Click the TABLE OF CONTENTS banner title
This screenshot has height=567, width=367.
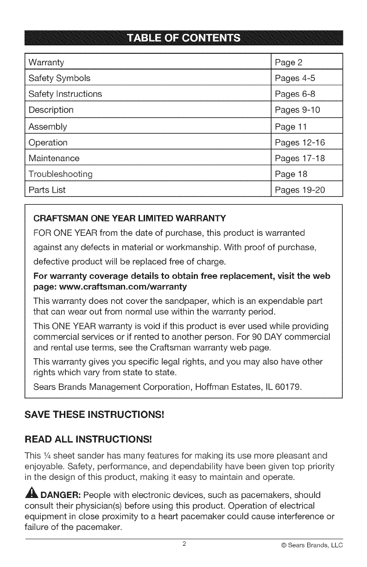click(183, 38)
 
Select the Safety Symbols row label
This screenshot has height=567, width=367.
click(59, 78)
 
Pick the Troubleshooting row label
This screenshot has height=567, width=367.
click(60, 174)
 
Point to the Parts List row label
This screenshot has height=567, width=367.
click(47, 190)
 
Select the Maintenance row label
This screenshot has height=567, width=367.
click(54, 158)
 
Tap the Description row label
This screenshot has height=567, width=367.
click(51, 110)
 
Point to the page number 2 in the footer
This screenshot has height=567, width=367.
click(184, 544)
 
